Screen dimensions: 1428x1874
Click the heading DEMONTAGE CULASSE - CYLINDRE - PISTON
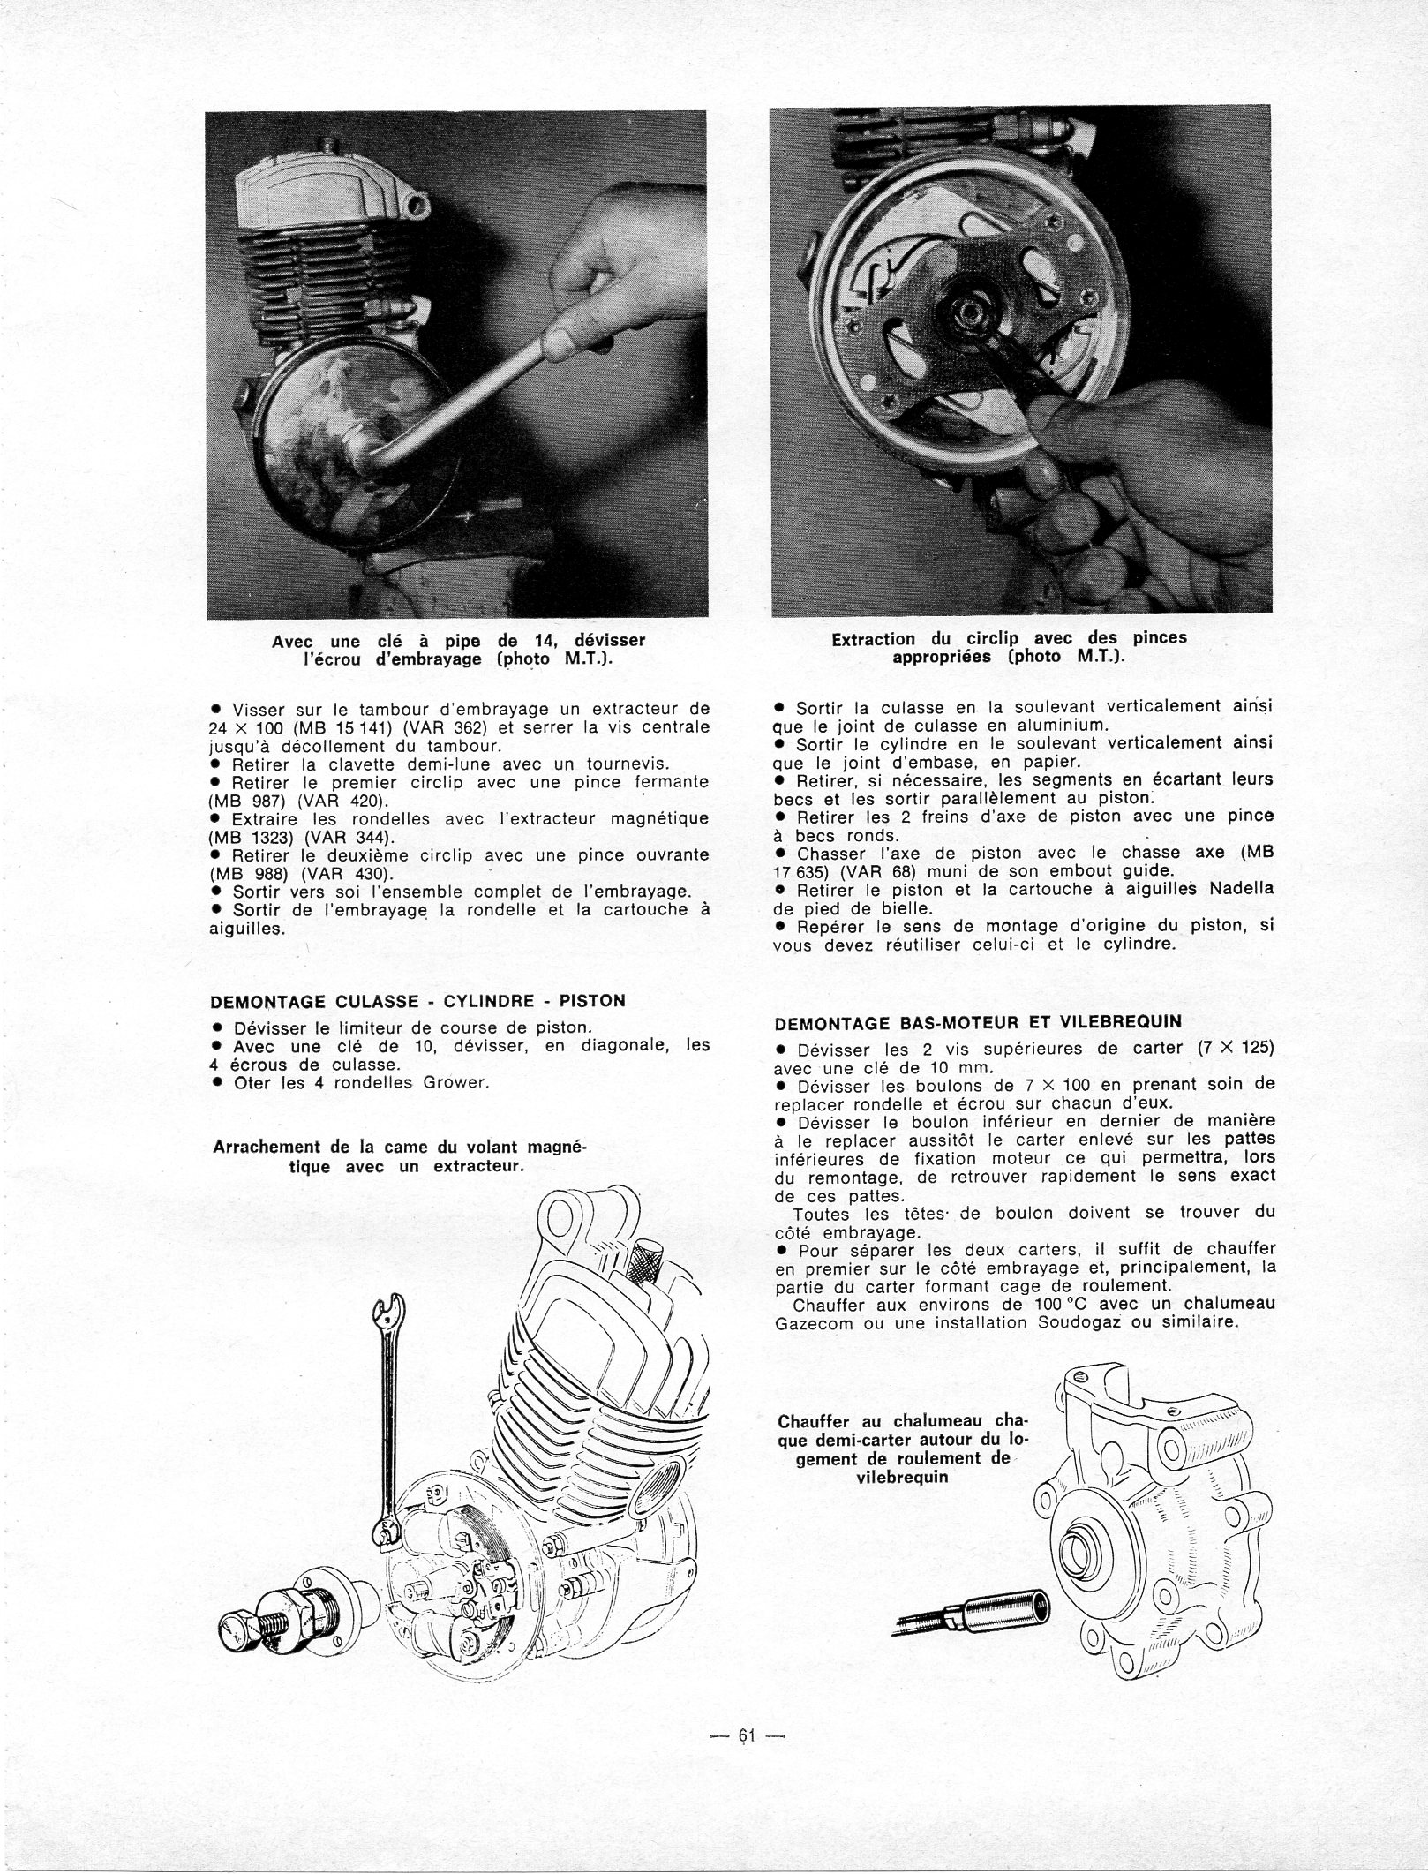tap(417, 1001)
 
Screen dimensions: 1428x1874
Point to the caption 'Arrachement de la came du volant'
tap(402, 1156)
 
